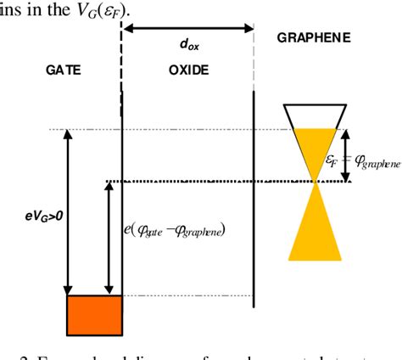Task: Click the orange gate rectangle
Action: [95, 315]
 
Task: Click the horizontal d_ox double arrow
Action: [188, 27]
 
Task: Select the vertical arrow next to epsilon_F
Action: [346, 155]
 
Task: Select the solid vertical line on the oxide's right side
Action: [254, 195]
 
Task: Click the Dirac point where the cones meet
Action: [315, 181]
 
